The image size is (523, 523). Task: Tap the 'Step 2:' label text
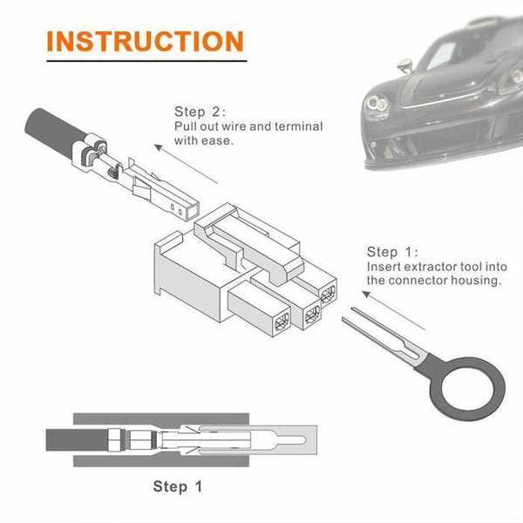(x=200, y=112)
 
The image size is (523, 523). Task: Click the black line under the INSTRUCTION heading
(x=145, y=63)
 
